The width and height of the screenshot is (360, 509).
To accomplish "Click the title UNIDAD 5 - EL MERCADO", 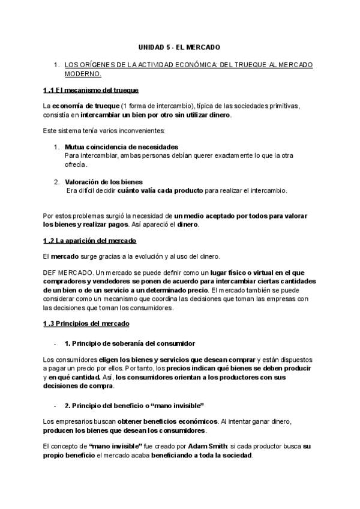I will coord(179,46).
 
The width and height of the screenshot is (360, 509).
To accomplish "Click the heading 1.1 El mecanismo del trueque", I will coord(91,90).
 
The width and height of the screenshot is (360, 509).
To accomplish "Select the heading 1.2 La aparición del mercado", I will coord(90,240).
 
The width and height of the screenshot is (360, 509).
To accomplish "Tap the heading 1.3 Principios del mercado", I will coord(86,324).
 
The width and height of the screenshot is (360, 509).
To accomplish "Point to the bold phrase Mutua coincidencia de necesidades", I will coord(121,147).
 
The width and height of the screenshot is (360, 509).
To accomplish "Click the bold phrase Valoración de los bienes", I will coord(103,182).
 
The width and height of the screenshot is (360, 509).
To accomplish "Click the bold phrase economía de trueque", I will coord(80,106).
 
